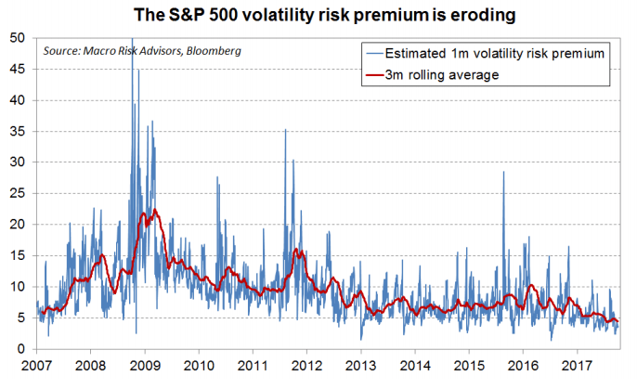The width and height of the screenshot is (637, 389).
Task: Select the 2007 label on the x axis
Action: (37, 366)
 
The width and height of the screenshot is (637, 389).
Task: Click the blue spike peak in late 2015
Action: (504, 172)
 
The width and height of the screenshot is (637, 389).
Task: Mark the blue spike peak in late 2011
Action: (285, 130)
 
